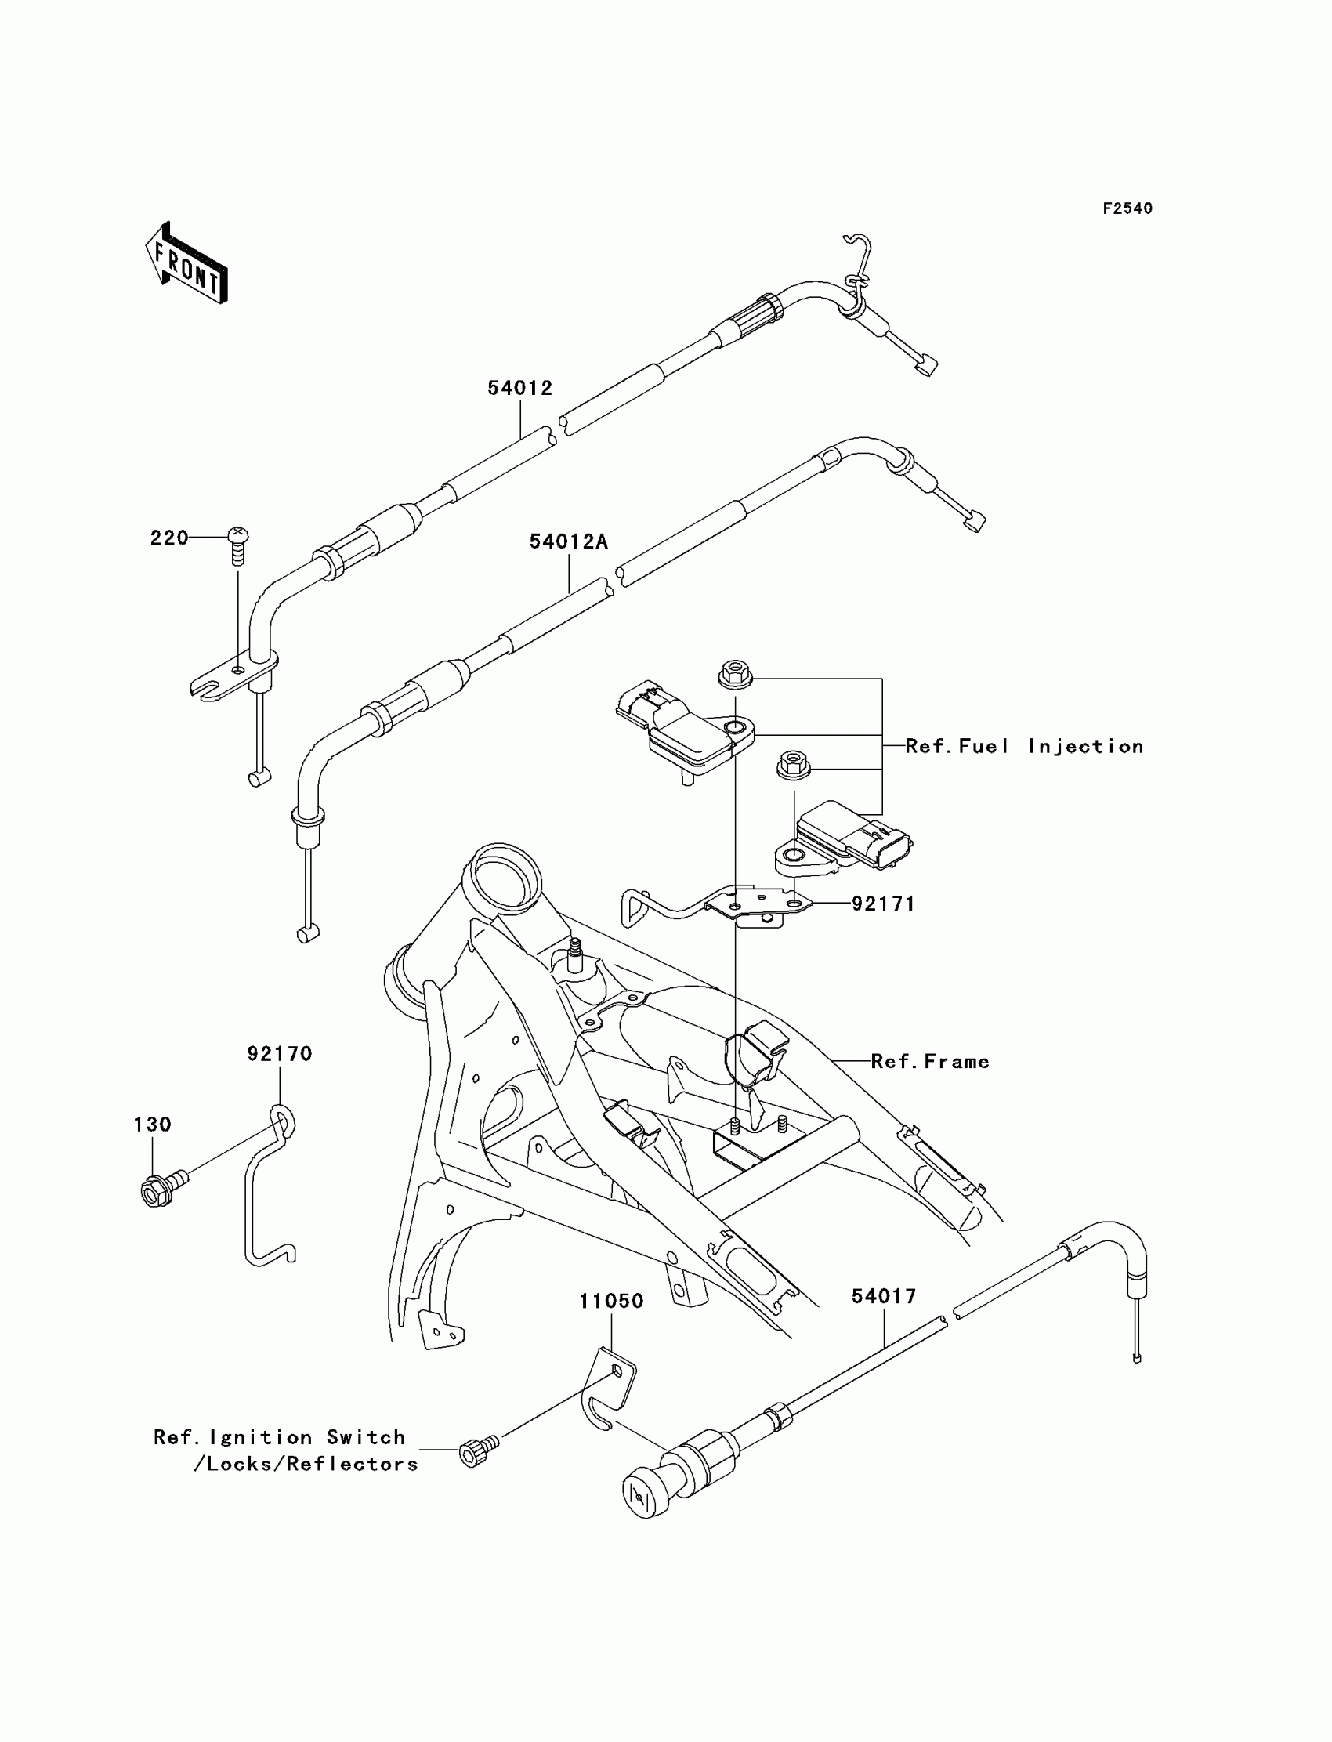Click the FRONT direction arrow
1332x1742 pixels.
187,264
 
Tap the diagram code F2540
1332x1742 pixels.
1127,208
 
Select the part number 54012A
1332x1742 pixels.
569,541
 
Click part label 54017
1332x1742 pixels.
884,1296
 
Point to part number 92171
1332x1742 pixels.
883,904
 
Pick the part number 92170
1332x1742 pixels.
280,1054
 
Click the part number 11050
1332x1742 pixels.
611,1301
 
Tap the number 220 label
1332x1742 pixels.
170,538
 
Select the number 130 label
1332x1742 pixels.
152,1125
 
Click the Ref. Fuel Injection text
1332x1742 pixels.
1024,746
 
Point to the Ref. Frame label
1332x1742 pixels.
930,1062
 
